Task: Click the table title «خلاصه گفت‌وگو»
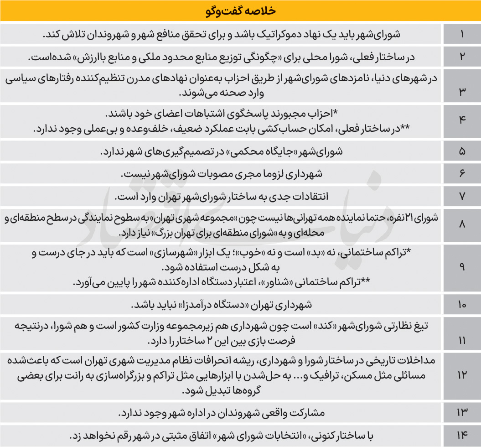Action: tap(241, 10)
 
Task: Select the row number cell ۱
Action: tap(462, 34)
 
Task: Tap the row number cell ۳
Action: tap(462, 87)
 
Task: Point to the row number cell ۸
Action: tap(462, 225)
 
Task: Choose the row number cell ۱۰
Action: tap(462, 304)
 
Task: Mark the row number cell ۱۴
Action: tap(462, 436)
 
